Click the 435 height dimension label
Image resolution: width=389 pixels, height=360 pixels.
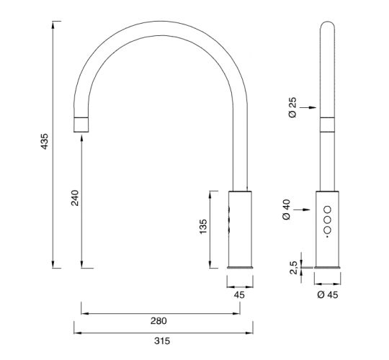[45, 141]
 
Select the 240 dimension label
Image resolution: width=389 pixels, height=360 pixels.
[75, 197]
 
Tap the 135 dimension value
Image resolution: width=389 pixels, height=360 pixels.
[203, 226]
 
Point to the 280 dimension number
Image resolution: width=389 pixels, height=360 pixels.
[158, 321]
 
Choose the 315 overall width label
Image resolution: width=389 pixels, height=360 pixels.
[162, 341]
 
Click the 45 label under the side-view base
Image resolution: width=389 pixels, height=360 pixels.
[239, 294]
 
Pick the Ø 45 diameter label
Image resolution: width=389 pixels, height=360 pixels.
[328, 294]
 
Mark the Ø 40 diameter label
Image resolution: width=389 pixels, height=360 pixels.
[286, 210]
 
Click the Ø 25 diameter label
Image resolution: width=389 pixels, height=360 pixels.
[292, 107]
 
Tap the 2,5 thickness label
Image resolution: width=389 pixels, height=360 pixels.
[294, 268]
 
